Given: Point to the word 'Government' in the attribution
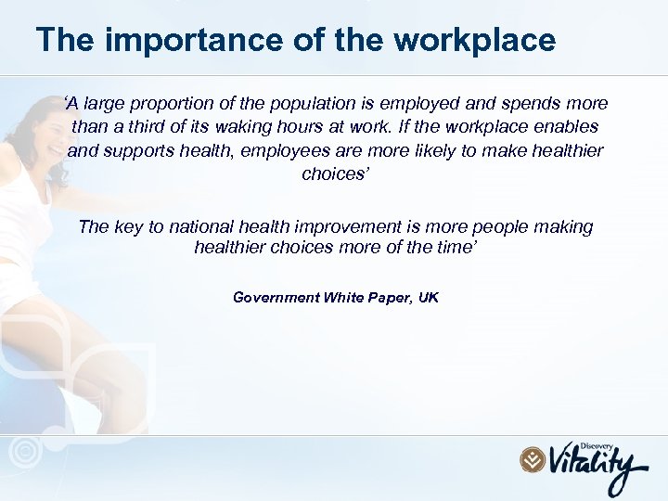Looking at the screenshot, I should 275,298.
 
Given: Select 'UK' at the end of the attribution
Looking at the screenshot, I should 428,298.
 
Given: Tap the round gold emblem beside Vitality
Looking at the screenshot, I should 531,458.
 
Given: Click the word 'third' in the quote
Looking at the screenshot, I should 172,127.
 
